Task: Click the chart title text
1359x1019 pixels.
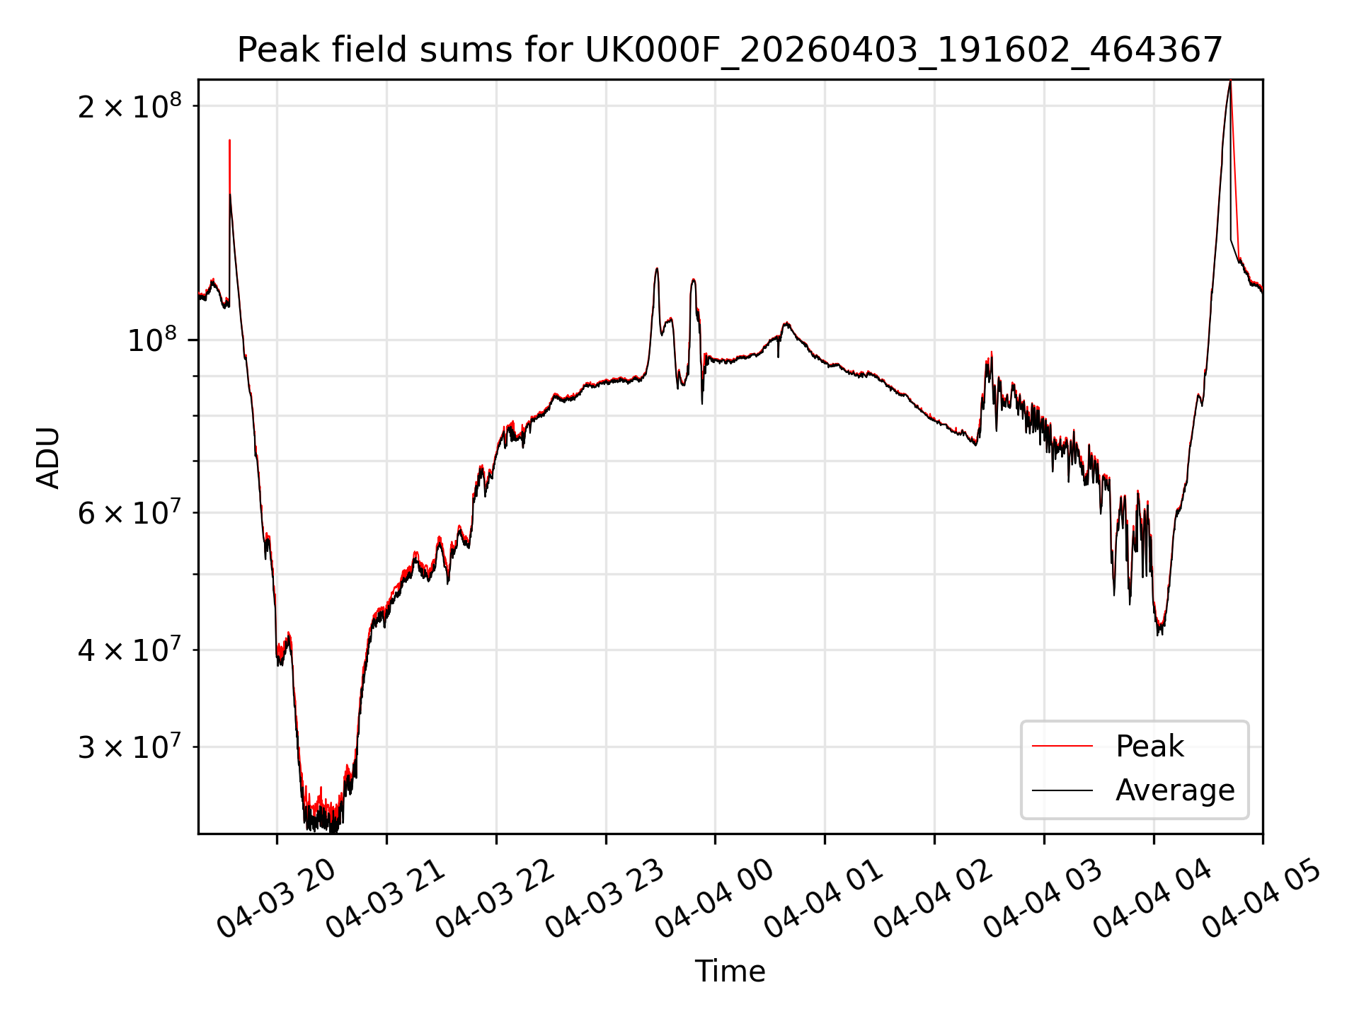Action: point(730,50)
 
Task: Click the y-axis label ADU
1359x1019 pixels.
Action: point(48,457)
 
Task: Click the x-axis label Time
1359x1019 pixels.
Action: point(730,971)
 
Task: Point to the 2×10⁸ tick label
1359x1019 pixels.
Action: point(130,107)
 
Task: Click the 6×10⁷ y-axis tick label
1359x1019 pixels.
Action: point(130,513)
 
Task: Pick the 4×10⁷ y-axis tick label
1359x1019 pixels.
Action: point(130,650)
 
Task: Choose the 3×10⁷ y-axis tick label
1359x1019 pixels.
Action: point(130,747)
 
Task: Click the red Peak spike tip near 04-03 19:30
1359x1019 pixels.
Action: point(229,140)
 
